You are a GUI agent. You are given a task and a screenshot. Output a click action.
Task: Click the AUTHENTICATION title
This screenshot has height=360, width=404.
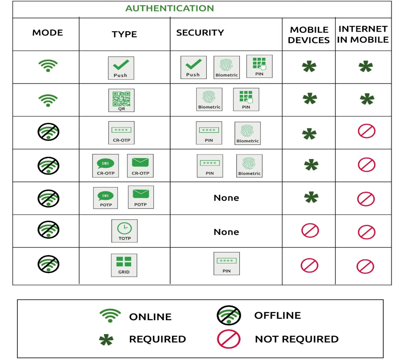tap(170, 8)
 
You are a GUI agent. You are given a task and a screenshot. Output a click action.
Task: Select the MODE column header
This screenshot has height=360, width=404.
tap(48, 32)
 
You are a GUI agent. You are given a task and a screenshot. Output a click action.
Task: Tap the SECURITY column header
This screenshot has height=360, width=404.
tap(200, 32)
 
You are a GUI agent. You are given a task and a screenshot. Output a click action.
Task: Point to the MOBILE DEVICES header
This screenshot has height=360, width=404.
tap(309, 35)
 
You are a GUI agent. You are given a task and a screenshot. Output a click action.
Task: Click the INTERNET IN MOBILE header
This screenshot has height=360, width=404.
tap(363, 34)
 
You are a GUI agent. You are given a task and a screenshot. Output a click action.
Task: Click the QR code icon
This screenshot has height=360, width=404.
tap(121, 100)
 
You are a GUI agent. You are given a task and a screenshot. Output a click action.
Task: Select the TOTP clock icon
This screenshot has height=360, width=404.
tap(124, 231)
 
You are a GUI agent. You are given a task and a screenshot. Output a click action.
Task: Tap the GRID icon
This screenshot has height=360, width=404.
tap(124, 265)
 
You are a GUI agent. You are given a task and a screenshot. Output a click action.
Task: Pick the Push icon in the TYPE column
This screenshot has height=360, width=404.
tap(121, 68)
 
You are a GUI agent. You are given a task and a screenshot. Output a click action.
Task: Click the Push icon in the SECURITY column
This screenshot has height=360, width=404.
tap(193, 68)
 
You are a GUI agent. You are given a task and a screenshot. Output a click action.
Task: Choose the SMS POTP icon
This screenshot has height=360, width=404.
tap(105, 198)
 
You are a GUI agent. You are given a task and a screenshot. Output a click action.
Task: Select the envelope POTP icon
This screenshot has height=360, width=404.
tap(141, 197)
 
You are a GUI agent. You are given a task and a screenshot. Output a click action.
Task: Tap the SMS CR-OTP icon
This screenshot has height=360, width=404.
tap(105, 166)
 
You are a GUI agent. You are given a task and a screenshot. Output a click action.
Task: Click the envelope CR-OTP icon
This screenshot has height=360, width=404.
tap(140, 166)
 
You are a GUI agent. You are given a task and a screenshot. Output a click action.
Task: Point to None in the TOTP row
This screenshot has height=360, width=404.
tap(226, 232)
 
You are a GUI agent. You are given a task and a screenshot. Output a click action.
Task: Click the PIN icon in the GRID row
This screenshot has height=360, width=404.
tap(227, 264)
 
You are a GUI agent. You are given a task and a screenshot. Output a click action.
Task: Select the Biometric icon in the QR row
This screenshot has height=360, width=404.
tap(209, 99)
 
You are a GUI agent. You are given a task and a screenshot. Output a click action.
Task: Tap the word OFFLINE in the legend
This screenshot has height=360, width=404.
tap(278, 316)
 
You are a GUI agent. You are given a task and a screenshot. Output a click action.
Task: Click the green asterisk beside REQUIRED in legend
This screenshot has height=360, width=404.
tap(106, 340)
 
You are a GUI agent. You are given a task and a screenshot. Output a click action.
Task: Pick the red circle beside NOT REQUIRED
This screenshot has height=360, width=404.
tap(229, 339)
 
